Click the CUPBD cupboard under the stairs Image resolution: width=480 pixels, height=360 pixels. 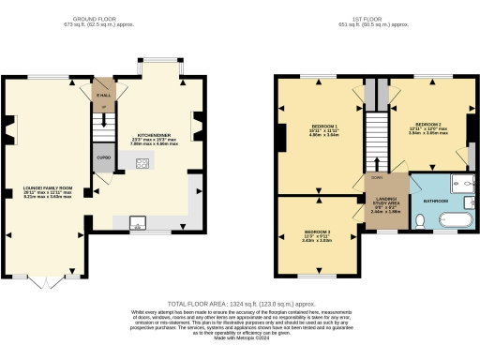click(102, 156)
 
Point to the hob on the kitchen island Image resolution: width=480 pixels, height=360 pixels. click(142, 166)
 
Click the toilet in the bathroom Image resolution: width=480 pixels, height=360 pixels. click(422, 221)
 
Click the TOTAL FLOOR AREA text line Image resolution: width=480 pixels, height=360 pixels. click(240, 305)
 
